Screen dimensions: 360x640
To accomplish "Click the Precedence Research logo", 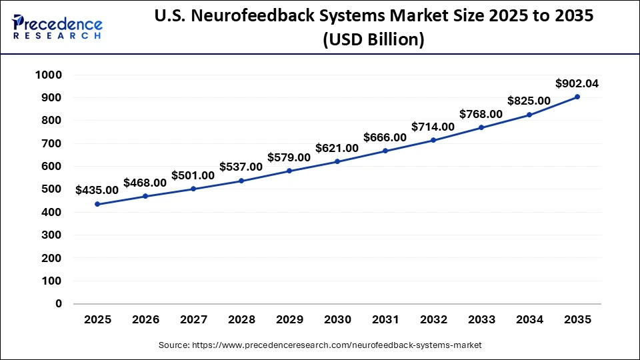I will click(x=57, y=26).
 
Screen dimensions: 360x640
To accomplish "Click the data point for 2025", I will click(x=97, y=204).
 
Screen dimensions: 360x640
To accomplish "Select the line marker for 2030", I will click(x=337, y=161).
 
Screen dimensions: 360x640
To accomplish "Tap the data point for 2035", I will click(x=577, y=97).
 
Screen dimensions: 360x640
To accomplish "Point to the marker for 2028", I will click(x=241, y=181).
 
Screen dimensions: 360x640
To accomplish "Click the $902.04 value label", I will click(x=577, y=83).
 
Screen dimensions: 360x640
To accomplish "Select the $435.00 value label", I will click(x=97, y=190).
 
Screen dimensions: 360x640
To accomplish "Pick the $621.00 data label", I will click(x=337, y=147).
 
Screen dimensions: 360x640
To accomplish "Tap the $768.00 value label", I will click(x=481, y=114).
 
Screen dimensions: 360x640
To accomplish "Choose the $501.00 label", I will click(x=193, y=175).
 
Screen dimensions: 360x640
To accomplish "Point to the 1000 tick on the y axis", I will click(x=49, y=75).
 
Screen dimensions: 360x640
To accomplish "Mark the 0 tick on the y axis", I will click(x=59, y=303).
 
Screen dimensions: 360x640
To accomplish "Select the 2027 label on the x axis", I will click(x=193, y=320).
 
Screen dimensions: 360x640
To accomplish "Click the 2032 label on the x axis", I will click(x=433, y=320).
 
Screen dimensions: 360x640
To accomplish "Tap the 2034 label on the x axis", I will click(x=529, y=320).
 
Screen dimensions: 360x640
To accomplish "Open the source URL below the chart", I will click(x=320, y=345).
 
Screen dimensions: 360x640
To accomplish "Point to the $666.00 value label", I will click(x=385, y=137).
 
